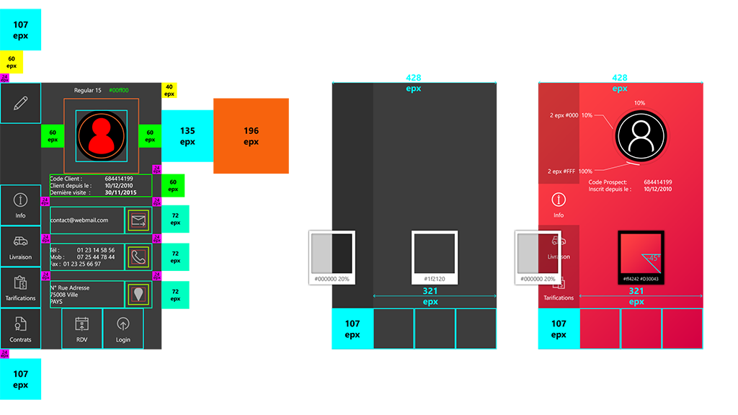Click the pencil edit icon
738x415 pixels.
[x=20, y=103]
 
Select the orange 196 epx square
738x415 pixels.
[x=251, y=136]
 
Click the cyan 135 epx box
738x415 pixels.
[x=187, y=136]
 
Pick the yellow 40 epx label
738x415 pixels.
[x=169, y=90]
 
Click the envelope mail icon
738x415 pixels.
[x=138, y=220]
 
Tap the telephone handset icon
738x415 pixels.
[x=138, y=256]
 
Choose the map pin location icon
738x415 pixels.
[x=138, y=294]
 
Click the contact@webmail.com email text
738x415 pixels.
[x=79, y=220]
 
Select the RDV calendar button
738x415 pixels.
[x=82, y=329]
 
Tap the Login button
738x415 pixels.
[x=123, y=329]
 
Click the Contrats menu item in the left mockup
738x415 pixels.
[x=20, y=329]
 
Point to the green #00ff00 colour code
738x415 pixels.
[x=118, y=90]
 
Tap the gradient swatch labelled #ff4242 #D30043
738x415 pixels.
[x=641, y=257]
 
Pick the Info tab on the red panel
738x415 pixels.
[x=559, y=205]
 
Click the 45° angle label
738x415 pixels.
[x=652, y=257]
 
